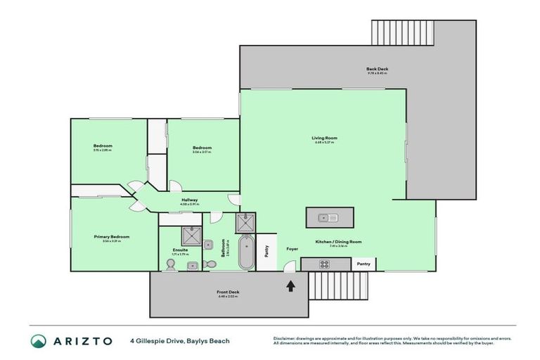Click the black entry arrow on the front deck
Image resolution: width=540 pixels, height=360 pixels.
point(290,285)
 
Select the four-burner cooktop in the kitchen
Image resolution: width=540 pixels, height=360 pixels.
point(325,264)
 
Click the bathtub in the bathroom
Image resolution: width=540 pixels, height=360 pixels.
point(246,254)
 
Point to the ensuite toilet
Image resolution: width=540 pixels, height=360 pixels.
point(169,264)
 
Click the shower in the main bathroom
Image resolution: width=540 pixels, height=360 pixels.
point(246,223)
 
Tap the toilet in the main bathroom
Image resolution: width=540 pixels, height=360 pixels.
point(210,264)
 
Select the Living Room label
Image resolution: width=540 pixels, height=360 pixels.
point(324,139)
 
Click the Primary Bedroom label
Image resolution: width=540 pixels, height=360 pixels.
point(111,237)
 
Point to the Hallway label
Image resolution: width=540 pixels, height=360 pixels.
point(189,200)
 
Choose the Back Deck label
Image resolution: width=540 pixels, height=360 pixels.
point(377,69)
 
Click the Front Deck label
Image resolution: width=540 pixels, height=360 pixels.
point(228,291)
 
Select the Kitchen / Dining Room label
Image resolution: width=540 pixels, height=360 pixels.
point(338,242)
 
